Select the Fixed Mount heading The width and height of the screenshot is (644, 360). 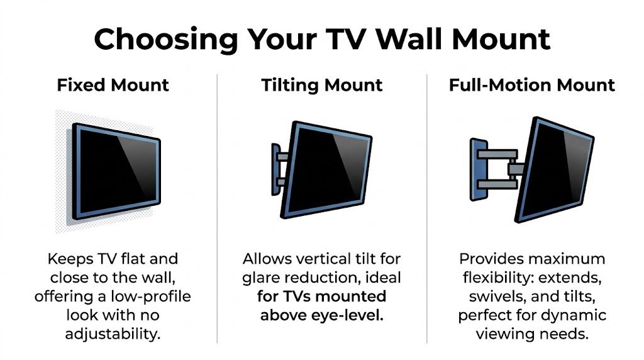[x=113, y=85]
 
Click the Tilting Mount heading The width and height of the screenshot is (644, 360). [x=322, y=85]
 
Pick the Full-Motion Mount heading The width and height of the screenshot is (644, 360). [x=531, y=85]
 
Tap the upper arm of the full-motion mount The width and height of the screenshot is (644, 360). [x=497, y=153]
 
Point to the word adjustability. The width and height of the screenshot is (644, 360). [x=113, y=333]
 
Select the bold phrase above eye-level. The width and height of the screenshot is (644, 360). [x=321, y=315]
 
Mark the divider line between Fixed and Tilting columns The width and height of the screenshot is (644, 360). [x=218, y=208]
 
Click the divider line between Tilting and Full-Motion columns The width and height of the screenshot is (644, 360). [x=427, y=208]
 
